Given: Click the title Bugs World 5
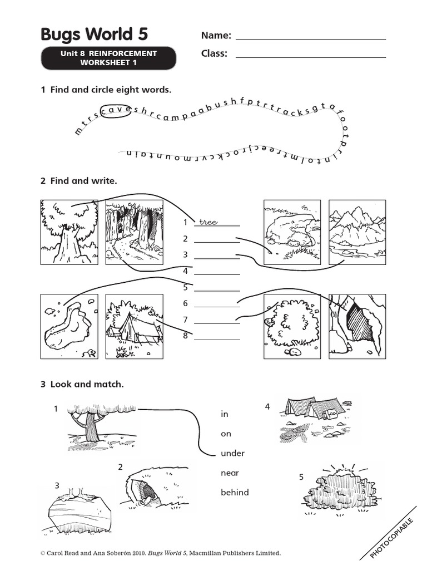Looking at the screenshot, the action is pos(94,35).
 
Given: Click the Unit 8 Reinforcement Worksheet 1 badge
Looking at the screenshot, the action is pos(108,58).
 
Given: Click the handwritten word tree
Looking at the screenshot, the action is pos(208,222).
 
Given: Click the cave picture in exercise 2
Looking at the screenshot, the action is pos(356,326).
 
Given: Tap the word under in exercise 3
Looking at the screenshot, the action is pos(232,453).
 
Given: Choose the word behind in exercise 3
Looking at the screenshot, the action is pos(235,492).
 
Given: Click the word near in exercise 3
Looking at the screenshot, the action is pos(230,473).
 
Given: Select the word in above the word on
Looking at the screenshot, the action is pos(225,414).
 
